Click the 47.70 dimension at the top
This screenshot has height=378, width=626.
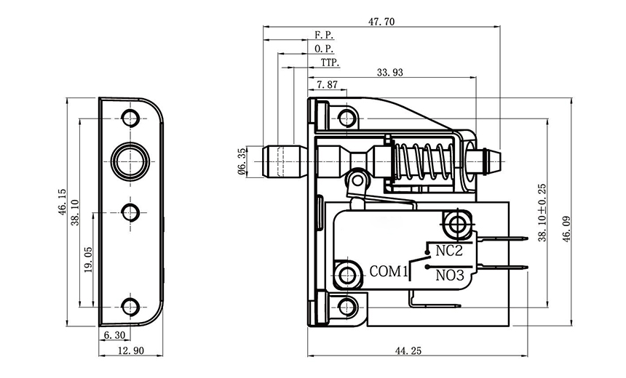381,22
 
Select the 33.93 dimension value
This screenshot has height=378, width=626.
390,72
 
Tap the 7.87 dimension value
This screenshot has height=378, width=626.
327,84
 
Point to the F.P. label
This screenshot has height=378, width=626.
324,35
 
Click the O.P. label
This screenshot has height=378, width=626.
324,48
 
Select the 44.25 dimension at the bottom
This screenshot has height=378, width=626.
410,350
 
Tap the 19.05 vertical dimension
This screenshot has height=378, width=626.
87,259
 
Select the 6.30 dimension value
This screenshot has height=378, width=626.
115,335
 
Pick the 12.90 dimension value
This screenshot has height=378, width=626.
130,350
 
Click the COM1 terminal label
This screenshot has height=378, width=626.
387,272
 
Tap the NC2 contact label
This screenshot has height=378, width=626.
449,252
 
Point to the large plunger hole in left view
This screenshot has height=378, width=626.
130,158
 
